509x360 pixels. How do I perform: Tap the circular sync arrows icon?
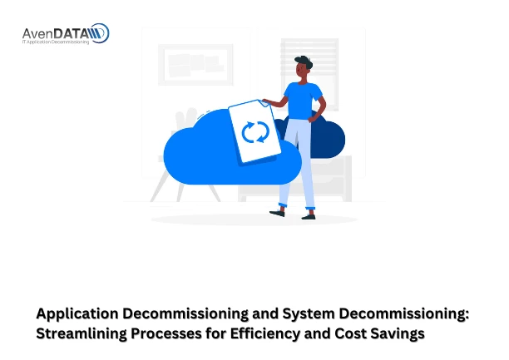coord(254,131)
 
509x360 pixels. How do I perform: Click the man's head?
coord(302,68)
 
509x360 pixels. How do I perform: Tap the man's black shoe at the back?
coord(277,212)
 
